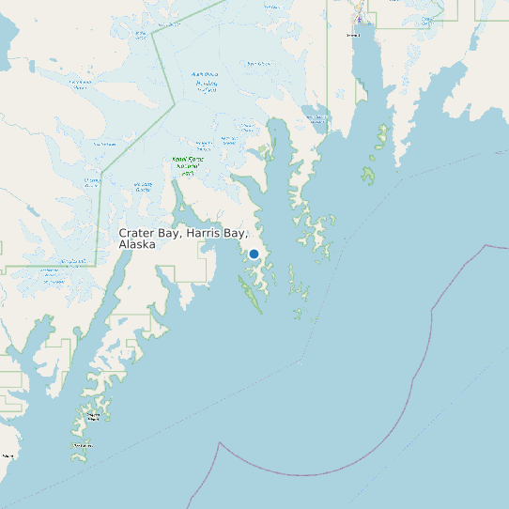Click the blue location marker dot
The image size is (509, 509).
[254, 254]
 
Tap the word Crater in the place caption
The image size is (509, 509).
[138, 232]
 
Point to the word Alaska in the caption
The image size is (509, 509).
[137, 244]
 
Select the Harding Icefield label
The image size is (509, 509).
[206, 82]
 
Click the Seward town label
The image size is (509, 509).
[353, 36]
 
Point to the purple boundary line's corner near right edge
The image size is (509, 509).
[486, 245]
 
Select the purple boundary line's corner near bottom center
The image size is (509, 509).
[222, 441]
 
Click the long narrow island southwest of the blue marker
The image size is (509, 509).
[253, 298]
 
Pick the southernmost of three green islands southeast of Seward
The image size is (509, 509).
[369, 176]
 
